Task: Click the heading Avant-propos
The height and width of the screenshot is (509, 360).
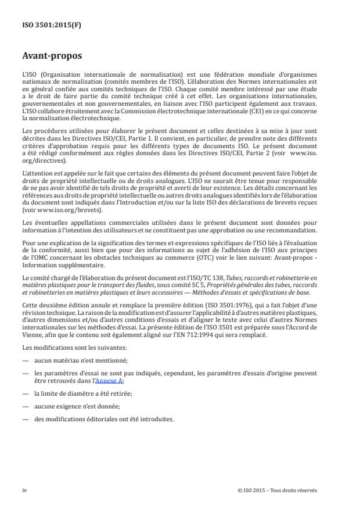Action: [52, 57]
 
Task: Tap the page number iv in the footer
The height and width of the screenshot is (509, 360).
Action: [24, 490]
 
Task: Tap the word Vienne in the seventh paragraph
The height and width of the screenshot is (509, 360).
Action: [32, 336]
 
